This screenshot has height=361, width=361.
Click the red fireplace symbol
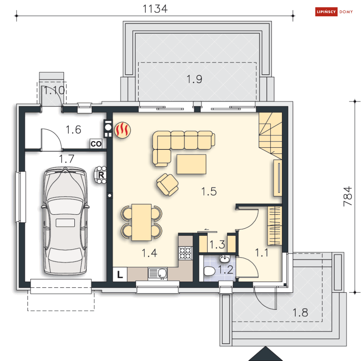click(122, 130)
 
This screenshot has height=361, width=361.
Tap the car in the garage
click(65, 221)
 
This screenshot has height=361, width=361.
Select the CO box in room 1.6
click(96, 144)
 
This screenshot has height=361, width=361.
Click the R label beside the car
click(101, 175)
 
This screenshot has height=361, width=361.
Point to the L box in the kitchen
click(120, 275)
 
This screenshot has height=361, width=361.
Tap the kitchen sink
click(157, 274)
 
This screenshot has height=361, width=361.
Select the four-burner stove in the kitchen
click(185, 253)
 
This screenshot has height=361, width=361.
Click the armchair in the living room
click(168, 184)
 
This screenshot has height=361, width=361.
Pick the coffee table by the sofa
click(191, 164)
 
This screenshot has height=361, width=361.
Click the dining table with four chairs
click(141, 222)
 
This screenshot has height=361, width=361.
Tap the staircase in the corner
click(270, 134)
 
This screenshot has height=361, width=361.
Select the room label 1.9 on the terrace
click(194, 79)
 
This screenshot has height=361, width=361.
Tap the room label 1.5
click(209, 191)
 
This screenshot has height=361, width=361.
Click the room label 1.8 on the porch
click(300, 312)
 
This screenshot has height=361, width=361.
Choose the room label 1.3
click(218, 244)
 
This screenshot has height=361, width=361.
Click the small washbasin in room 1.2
click(225, 259)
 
